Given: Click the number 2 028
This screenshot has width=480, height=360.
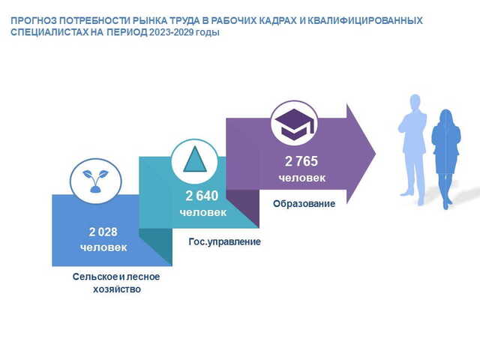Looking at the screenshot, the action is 103,232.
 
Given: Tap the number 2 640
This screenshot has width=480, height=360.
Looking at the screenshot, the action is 202,196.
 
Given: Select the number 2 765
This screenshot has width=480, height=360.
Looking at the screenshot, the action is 301,161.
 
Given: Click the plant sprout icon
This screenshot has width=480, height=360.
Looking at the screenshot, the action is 95,181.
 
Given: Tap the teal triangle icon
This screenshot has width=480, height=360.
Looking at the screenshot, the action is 195,160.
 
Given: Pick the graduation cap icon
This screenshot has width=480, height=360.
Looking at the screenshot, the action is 294,124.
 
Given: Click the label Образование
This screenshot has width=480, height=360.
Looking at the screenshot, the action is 304,203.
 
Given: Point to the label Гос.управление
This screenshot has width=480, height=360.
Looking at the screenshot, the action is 225,241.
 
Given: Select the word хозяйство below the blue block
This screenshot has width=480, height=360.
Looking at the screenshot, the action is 117,289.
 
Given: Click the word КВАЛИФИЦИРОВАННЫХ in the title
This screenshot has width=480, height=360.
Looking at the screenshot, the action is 364,20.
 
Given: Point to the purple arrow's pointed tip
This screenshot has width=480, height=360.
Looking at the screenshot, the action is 375,154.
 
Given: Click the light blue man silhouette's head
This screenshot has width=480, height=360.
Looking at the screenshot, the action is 415,102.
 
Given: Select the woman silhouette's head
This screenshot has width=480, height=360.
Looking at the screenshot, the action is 445,117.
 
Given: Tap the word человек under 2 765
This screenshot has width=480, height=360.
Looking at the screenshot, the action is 301,178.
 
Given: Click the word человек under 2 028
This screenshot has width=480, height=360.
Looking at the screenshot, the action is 103,247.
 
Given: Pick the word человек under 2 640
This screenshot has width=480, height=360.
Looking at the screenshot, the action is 203,212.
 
